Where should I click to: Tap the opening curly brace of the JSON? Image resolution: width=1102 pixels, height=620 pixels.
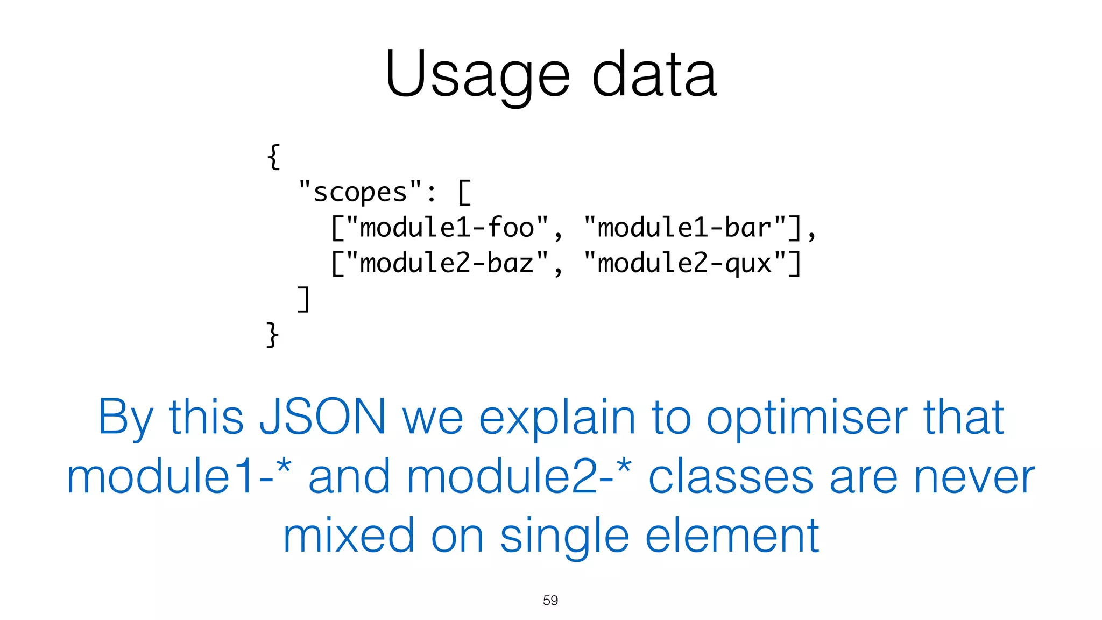(273, 157)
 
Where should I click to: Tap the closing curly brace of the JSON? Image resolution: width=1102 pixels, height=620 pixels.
(272, 334)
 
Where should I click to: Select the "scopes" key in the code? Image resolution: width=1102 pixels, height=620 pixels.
(360, 192)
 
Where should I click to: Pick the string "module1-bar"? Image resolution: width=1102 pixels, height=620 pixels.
(685, 228)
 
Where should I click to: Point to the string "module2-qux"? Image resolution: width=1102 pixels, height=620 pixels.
(685, 263)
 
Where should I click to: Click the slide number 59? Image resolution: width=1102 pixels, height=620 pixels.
(550, 600)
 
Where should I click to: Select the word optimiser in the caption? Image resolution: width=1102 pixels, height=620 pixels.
(807, 418)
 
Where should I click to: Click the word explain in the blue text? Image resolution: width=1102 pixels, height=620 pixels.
(557, 418)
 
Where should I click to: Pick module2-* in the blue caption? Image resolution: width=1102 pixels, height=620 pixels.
(519, 477)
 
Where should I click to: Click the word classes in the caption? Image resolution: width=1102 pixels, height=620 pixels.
(731, 477)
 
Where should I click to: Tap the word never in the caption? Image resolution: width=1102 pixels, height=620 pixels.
(974, 477)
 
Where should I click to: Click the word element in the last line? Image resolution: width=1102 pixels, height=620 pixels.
(732, 536)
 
